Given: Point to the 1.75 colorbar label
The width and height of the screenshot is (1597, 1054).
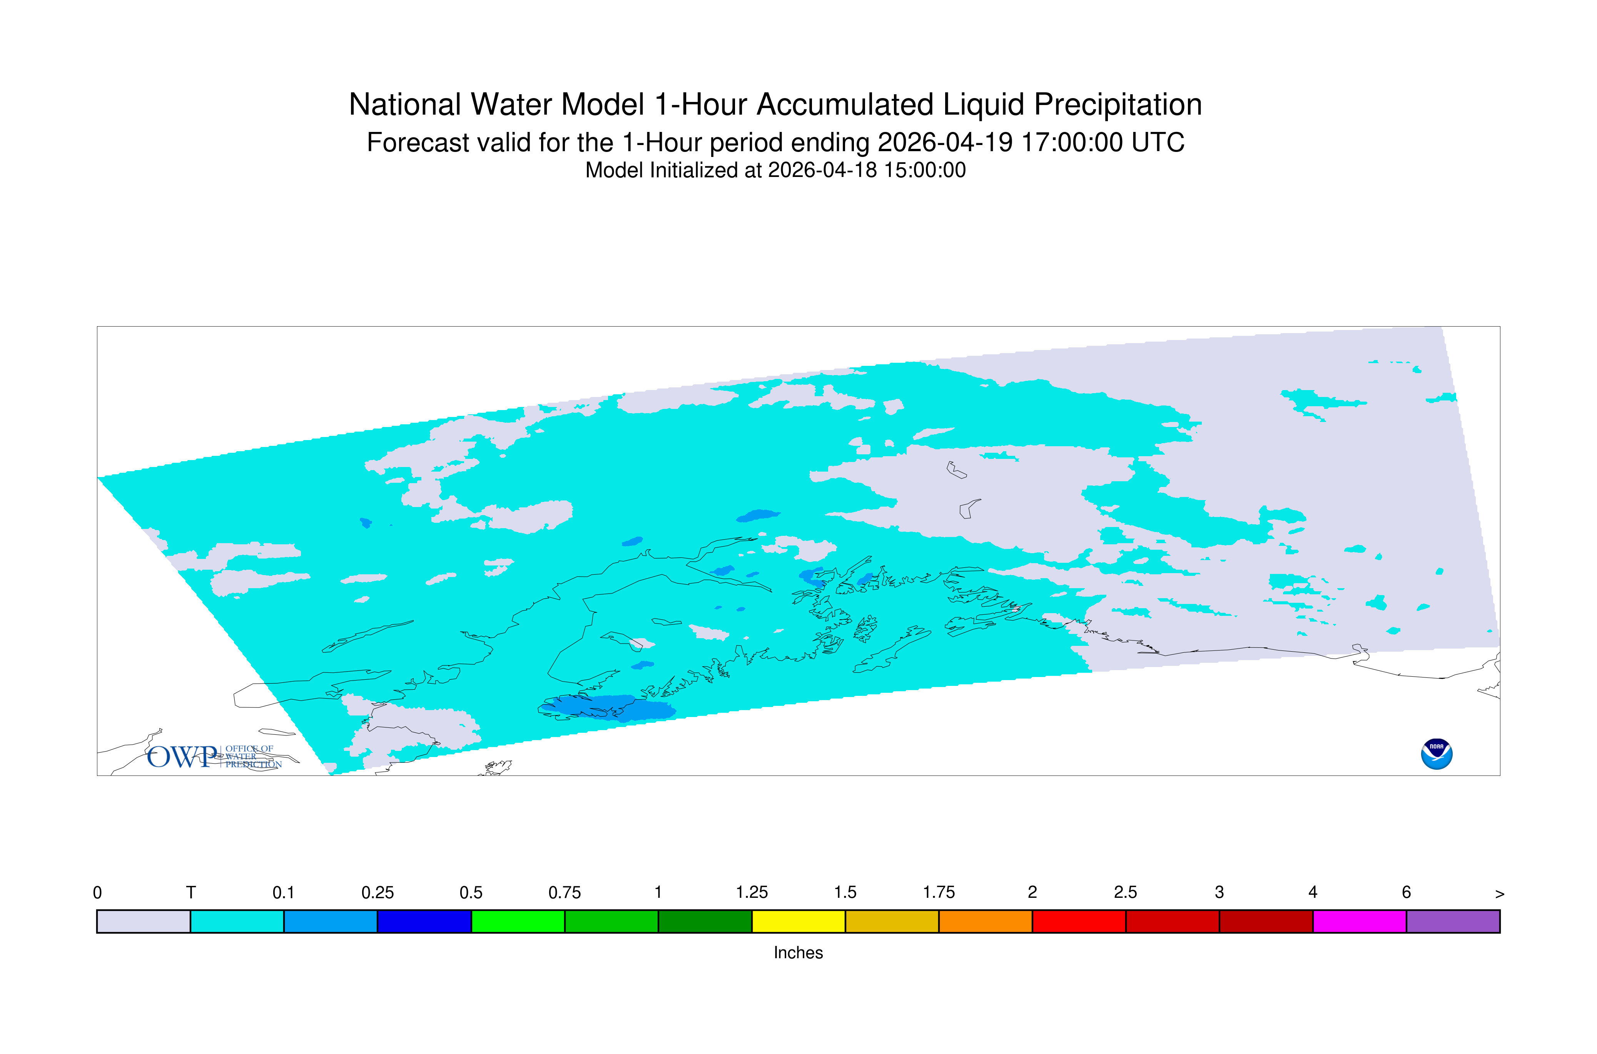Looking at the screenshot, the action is click(x=939, y=893).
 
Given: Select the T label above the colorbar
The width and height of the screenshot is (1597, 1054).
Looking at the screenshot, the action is click(x=191, y=893).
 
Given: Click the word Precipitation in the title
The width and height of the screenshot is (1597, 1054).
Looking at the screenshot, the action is click(x=1118, y=105).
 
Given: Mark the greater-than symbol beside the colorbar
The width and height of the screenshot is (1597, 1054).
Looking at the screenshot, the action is click(x=1500, y=894).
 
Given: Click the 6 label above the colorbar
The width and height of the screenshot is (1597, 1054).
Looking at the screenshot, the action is click(x=1406, y=893).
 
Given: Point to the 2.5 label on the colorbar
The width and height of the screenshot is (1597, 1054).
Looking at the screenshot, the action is click(x=1126, y=893).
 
